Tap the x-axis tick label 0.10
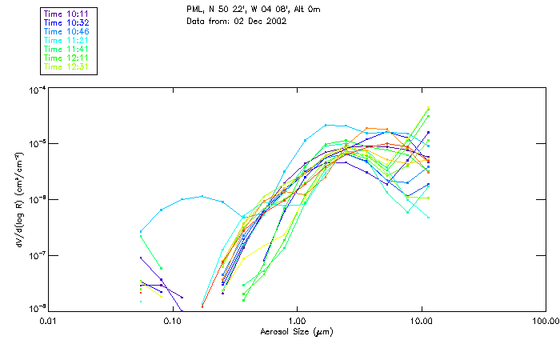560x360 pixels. [172, 320]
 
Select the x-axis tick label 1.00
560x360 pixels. [297, 320]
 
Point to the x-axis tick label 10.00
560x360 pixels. [421, 320]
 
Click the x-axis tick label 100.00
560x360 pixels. [544, 320]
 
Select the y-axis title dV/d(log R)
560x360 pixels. [19, 198]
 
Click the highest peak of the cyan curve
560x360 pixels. [326, 125]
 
